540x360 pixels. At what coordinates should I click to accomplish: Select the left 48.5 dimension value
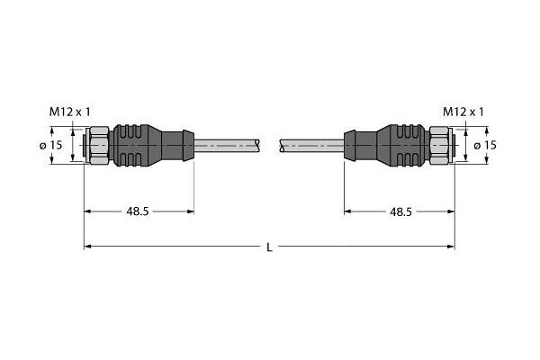pos(138,211)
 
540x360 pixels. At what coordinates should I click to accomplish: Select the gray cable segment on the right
pos(311,144)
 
